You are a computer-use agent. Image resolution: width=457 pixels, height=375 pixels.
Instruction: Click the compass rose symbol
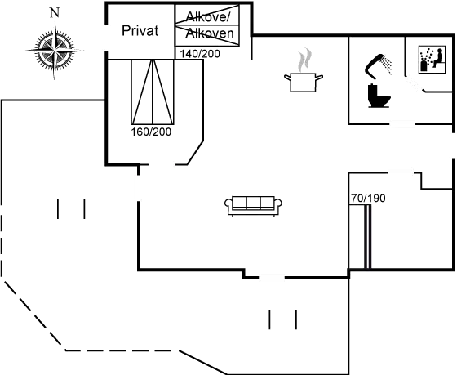(x=54, y=50)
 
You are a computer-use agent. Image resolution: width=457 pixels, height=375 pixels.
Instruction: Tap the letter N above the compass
(x=55, y=13)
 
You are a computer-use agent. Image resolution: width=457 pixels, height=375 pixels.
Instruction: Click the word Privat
(x=140, y=31)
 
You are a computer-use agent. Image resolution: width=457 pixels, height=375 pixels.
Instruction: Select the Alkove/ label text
(x=207, y=16)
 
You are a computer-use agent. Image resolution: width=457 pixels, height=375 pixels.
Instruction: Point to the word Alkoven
(x=210, y=33)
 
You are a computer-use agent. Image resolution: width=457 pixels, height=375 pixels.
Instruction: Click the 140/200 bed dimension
(x=200, y=54)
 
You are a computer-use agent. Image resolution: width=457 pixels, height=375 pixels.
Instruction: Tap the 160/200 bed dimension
(x=151, y=132)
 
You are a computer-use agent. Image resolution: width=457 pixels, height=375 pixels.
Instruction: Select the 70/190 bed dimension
(x=368, y=199)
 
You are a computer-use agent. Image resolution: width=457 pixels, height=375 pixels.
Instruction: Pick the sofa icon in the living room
(x=253, y=206)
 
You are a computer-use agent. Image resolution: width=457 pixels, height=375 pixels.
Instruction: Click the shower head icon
(x=378, y=66)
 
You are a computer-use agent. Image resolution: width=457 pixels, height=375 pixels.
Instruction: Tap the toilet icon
(x=379, y=96)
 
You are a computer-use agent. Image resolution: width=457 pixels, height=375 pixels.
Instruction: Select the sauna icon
(x=432, y=60)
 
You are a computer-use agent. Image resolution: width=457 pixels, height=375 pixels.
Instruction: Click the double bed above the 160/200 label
(x=153, y=92)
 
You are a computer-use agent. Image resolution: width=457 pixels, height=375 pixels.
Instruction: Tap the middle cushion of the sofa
(x=253, y=202)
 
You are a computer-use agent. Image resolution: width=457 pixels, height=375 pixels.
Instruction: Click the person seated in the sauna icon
(x=437, y=58)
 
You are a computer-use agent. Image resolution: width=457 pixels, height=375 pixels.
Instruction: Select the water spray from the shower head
(x=387, y=64)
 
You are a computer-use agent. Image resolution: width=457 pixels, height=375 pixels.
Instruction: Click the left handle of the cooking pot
(x=287, y=78)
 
